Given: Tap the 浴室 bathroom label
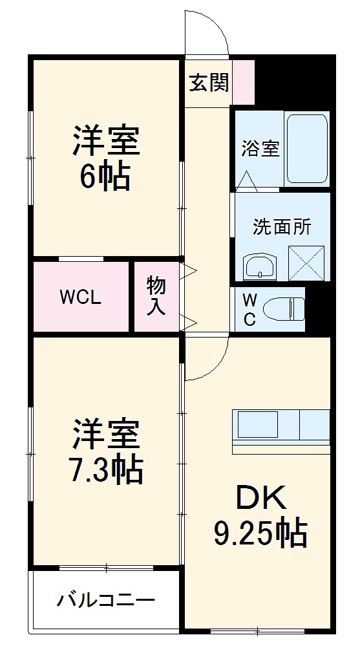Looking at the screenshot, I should point(260,148).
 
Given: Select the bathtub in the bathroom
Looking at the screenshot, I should point(307,149).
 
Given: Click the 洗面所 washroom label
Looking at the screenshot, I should point(281,227).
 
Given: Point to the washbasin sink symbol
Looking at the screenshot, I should point(260,266).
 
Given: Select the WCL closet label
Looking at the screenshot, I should point(80,297).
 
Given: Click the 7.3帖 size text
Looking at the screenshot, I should point(105,470).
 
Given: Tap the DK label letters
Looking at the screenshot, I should point(259,499).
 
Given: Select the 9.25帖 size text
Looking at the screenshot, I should point(259,533).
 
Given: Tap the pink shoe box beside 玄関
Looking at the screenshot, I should point(244,81).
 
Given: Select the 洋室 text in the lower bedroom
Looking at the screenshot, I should point(105,435).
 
